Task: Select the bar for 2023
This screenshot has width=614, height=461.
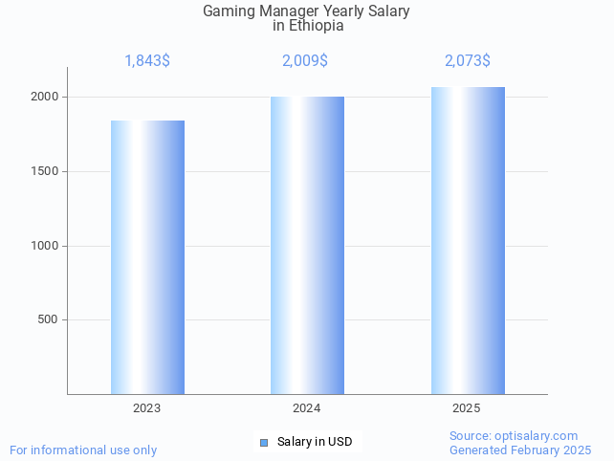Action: coord(147,257)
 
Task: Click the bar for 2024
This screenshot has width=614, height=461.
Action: coord(307,245)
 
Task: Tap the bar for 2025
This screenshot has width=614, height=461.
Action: coord(467,240)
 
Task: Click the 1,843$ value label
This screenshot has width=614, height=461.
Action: coord(147,61)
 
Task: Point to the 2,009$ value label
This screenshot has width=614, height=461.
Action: coord(305,61)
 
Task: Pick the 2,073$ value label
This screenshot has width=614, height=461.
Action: coord(468,61)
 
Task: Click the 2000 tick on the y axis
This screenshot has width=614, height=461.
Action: coord(46,98)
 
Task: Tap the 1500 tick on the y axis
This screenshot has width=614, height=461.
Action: coord(46,172)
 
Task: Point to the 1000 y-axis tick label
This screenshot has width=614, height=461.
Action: coord(46,246)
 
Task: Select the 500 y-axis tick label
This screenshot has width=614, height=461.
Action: coord(49,320)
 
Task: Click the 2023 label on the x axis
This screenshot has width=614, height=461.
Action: coord(147,408)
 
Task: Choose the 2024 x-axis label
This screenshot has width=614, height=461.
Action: coord(307,408)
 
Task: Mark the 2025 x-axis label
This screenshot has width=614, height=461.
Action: coord(467,408)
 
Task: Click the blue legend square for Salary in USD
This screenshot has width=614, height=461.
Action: coord(264,442)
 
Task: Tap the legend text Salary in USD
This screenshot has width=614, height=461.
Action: coord(315,442)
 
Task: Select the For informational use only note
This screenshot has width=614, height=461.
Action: coord(83,450)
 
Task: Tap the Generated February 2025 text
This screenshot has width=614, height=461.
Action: coord(520,450)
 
